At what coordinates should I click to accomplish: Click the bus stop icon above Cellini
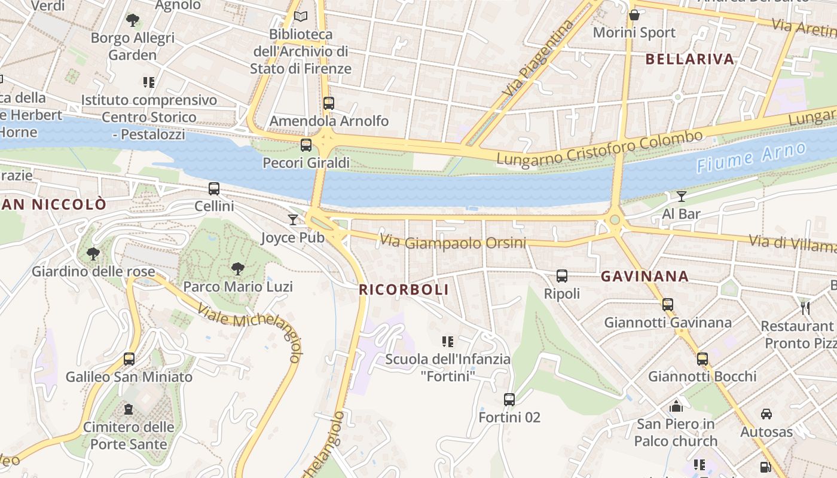(x=214, y=189)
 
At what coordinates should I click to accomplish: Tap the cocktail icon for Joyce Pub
(x=293, y=220)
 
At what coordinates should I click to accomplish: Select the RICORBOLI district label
(x=404, y=290)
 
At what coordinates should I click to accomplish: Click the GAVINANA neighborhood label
(x=644, y=277)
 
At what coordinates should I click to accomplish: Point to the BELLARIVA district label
(x=690, y=59)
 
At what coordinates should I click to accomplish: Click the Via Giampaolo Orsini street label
(x=453, y=242)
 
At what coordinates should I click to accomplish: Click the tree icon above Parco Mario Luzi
(x=238, y=269)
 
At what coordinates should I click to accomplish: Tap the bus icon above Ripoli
(x=562, y=276)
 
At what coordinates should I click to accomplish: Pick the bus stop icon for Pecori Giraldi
(x=306, y=145)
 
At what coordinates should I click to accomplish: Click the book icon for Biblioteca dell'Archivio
(x=300, y=16)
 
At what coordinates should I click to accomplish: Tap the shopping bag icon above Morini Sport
(x=634, y=15)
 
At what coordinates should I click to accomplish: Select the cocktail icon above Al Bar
(x=681, y=196)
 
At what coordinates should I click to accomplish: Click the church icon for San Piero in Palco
(x=676, y=406)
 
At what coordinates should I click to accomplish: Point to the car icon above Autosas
(x=766, y=413)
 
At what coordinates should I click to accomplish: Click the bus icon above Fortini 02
(x=509, y=399)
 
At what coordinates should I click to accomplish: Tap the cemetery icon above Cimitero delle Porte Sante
(x=129, y=409)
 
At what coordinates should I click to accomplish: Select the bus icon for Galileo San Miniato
(x=129, y=359)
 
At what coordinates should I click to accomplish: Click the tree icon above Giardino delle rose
(x=93, y=254)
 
